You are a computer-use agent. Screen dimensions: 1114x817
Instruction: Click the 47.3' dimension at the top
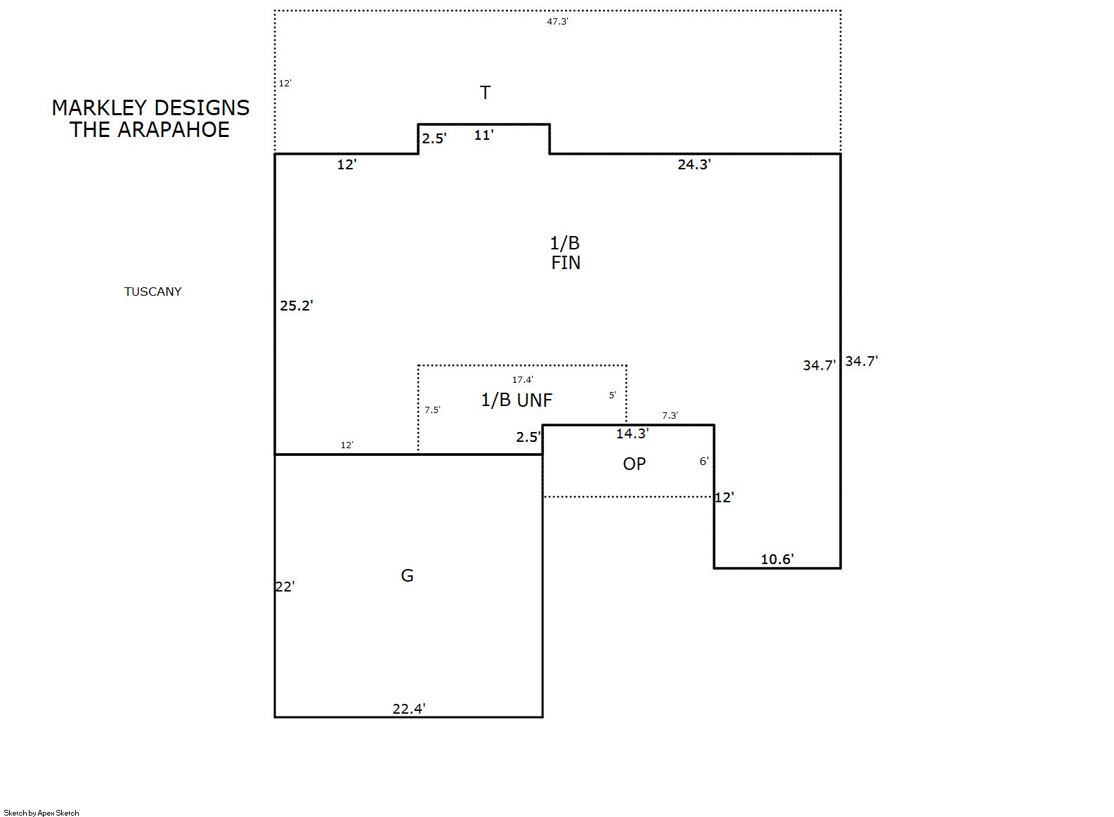(557, 21)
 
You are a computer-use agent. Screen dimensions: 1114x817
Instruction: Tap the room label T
(485, 93)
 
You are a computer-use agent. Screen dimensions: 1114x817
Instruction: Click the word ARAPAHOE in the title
(174, 130)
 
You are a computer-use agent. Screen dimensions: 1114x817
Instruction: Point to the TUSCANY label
(153, 292)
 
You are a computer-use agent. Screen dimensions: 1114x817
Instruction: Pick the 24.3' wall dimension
(694, 164)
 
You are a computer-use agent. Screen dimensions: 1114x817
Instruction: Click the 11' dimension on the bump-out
(484, 135)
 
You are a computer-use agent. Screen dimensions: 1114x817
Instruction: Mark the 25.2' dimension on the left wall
(297, 305)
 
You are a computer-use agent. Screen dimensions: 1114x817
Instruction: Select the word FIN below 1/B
(566, 263)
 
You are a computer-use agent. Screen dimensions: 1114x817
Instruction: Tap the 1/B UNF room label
(517, 400)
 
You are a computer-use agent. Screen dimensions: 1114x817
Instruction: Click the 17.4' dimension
(523, 379)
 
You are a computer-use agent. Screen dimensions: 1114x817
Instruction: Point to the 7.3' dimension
(670, 415)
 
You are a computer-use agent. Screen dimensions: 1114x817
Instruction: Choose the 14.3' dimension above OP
(633, 433)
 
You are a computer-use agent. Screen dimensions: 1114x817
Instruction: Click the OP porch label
(634, 464)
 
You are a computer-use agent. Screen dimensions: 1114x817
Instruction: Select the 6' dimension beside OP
(704, 461)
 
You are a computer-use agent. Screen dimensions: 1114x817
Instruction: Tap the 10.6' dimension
(777, 559)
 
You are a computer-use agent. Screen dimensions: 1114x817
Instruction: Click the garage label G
(407, 575)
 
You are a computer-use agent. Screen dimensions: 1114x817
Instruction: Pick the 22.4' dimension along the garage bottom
(409, 709)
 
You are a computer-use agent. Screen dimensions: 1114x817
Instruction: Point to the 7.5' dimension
(432, 410)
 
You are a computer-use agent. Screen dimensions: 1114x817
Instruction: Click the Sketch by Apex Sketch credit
(41, 813)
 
